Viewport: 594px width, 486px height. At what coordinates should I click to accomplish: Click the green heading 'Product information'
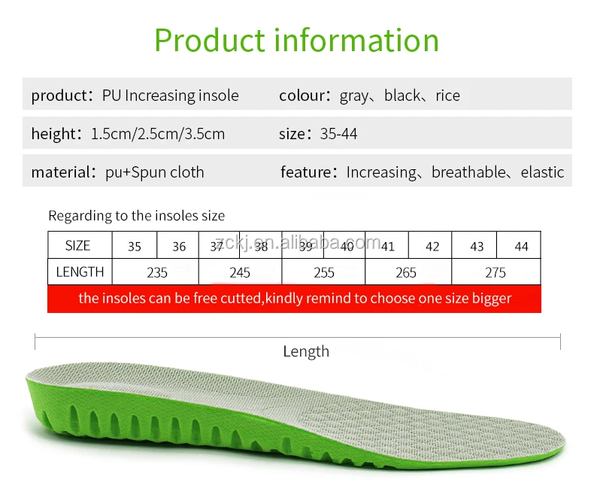(296, 40)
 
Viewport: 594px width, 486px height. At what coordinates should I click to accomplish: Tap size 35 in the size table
(135, 246)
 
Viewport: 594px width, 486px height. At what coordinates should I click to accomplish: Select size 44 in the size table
(521, 246)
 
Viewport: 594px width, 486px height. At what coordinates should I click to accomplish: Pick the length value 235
(157, 272)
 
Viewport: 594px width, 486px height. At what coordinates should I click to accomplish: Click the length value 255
(324, 272)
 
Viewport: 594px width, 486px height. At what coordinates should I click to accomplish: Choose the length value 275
(496, 272)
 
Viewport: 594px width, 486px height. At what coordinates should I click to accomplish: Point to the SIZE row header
(77, 246)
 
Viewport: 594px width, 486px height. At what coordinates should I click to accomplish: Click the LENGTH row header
(80, 272)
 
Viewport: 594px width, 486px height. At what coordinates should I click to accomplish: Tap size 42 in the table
(432, 246)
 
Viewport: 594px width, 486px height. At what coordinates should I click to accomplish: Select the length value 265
(406, 272)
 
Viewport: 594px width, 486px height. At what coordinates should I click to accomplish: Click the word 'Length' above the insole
(306, 351)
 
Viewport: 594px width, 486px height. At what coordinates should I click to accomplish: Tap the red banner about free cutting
(295, 298)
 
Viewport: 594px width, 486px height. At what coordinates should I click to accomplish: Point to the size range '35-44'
(339, 134)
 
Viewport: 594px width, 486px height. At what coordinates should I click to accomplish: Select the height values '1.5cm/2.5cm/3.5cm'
(158, 134)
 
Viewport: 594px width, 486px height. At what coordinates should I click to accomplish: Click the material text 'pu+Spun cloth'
(155, 172)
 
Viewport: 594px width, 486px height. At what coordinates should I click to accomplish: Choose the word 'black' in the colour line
(402, 96)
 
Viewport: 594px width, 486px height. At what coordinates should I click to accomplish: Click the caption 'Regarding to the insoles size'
(137, 216)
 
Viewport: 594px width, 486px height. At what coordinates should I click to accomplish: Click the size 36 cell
(179, 246)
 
